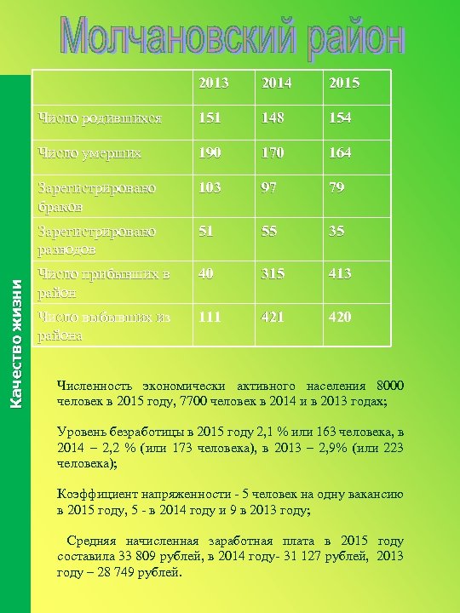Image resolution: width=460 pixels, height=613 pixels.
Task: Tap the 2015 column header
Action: (x=344, y=83)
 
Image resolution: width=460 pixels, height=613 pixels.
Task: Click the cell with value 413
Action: (x=342, y=274)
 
